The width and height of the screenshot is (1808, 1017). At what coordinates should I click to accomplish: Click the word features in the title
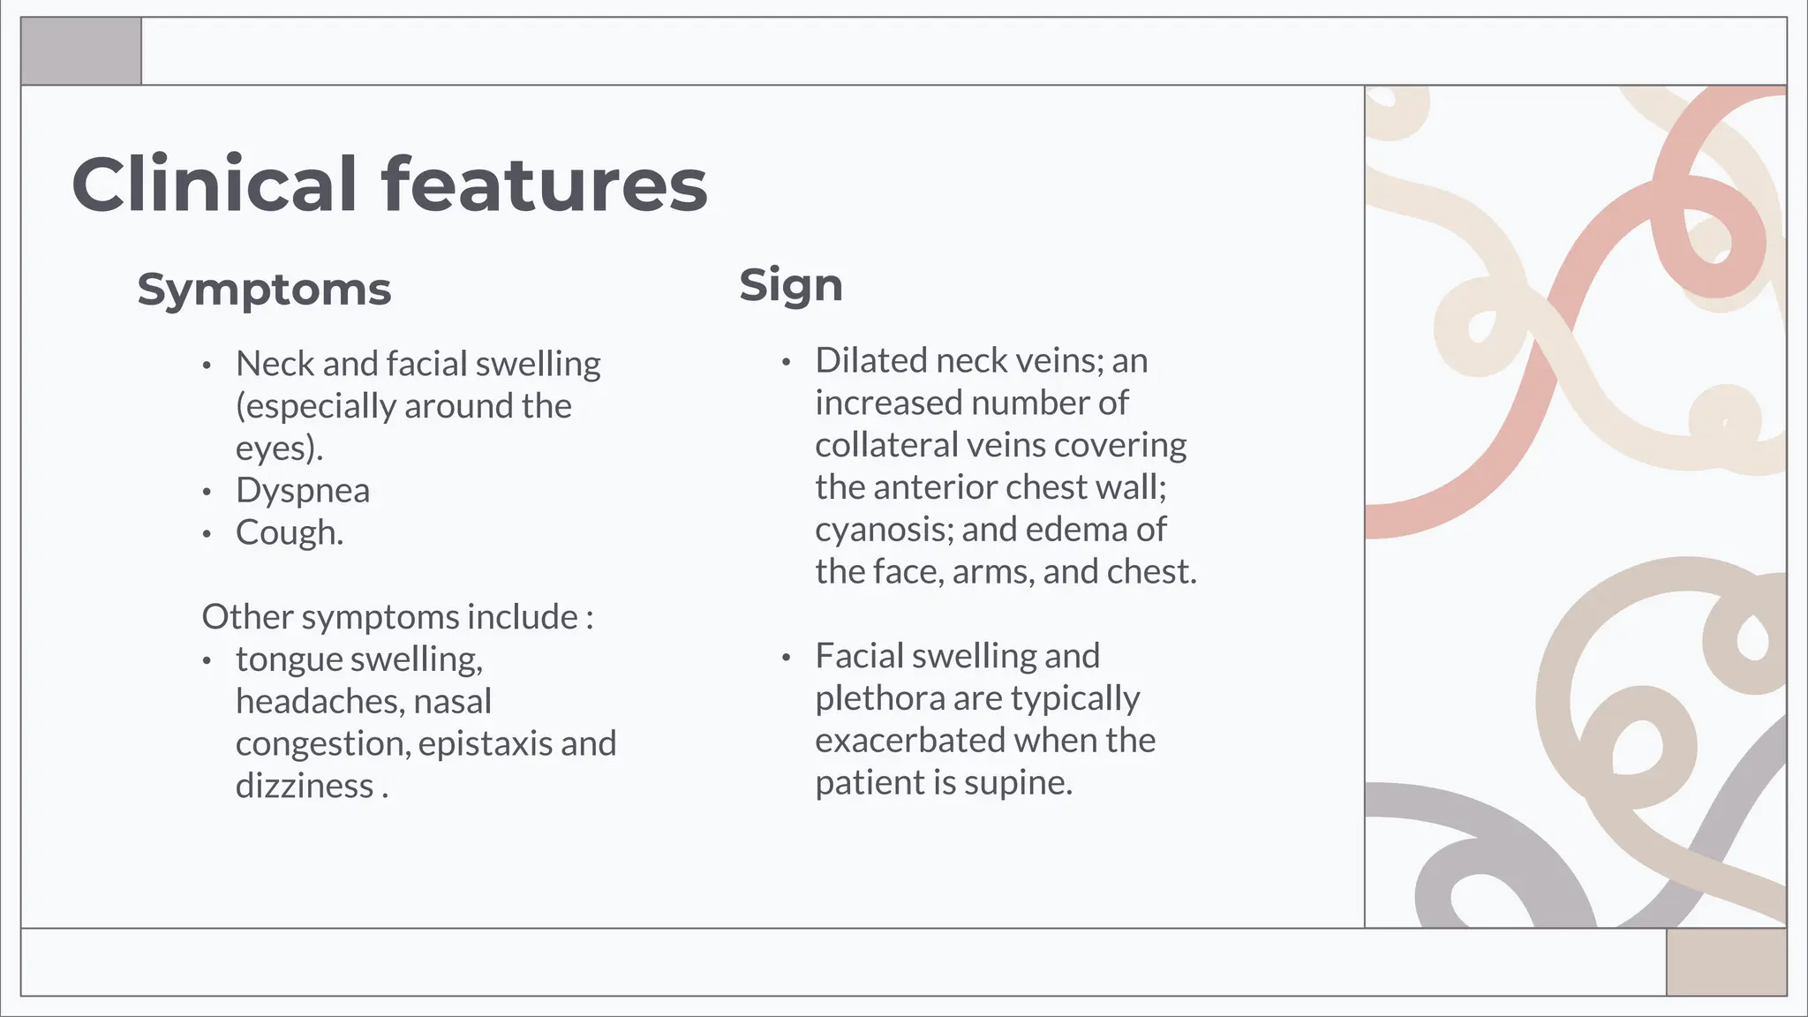[544, 185]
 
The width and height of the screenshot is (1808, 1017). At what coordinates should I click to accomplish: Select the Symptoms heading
[264, 290]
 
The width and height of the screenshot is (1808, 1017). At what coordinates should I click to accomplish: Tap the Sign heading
[791, 286]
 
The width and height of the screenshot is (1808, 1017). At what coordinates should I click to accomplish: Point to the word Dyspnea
[303, 491]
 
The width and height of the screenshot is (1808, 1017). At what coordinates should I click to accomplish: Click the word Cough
[288, 533]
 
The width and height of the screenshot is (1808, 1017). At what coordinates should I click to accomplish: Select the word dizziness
[305, 786]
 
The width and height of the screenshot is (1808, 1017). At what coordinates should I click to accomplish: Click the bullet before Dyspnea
[207, 492]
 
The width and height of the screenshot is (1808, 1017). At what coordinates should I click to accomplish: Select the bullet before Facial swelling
[786, 658]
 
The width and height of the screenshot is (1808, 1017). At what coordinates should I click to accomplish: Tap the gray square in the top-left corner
[81, 51]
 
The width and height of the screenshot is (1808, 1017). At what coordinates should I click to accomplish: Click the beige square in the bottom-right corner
[1726, 961]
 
